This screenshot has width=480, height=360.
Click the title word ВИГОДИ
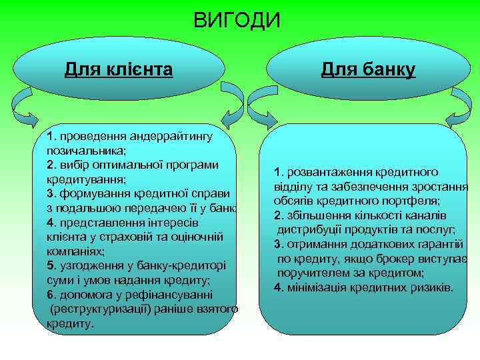pyautogui.click(x=237, y=21)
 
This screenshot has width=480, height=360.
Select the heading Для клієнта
pyautogui.click(x=119, y=69)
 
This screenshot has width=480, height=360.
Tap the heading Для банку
pyautogui.click(x=368, y=69)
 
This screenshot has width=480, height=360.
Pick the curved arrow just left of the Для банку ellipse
pyautogui.click(x=256, y=107)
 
